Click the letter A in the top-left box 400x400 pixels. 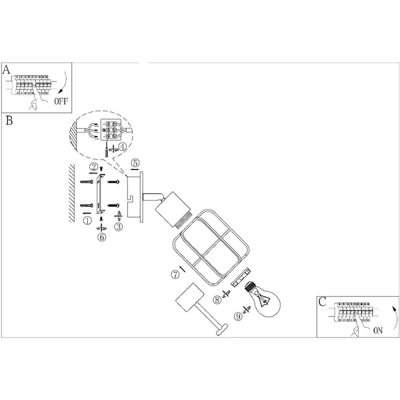coord(7,69)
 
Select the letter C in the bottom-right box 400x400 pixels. coord(322,301)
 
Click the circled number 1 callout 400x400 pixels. coord(86,219)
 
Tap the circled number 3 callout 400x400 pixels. coord(119,227)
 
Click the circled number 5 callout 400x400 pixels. coord(135,163)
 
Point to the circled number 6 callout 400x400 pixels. coord(101,237)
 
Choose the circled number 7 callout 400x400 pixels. coord(175,273)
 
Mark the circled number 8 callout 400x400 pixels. coord(217,300)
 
